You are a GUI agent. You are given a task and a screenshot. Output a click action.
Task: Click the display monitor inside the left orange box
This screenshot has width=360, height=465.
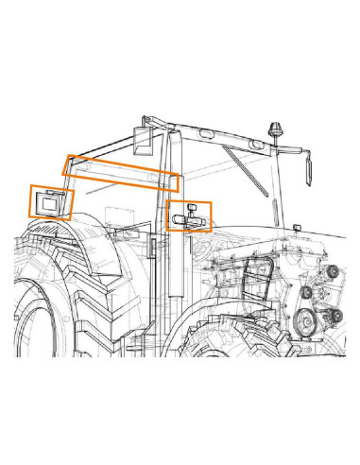point(48,201)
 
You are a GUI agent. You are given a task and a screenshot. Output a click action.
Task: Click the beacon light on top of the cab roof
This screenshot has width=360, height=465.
point(278,129)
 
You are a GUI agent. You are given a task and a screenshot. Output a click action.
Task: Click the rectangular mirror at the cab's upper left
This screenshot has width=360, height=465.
point(143,139)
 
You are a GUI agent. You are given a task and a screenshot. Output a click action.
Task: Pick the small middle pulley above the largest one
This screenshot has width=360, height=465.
point(307,294)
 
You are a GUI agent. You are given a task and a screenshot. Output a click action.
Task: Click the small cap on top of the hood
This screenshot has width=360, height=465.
point(299,229)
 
